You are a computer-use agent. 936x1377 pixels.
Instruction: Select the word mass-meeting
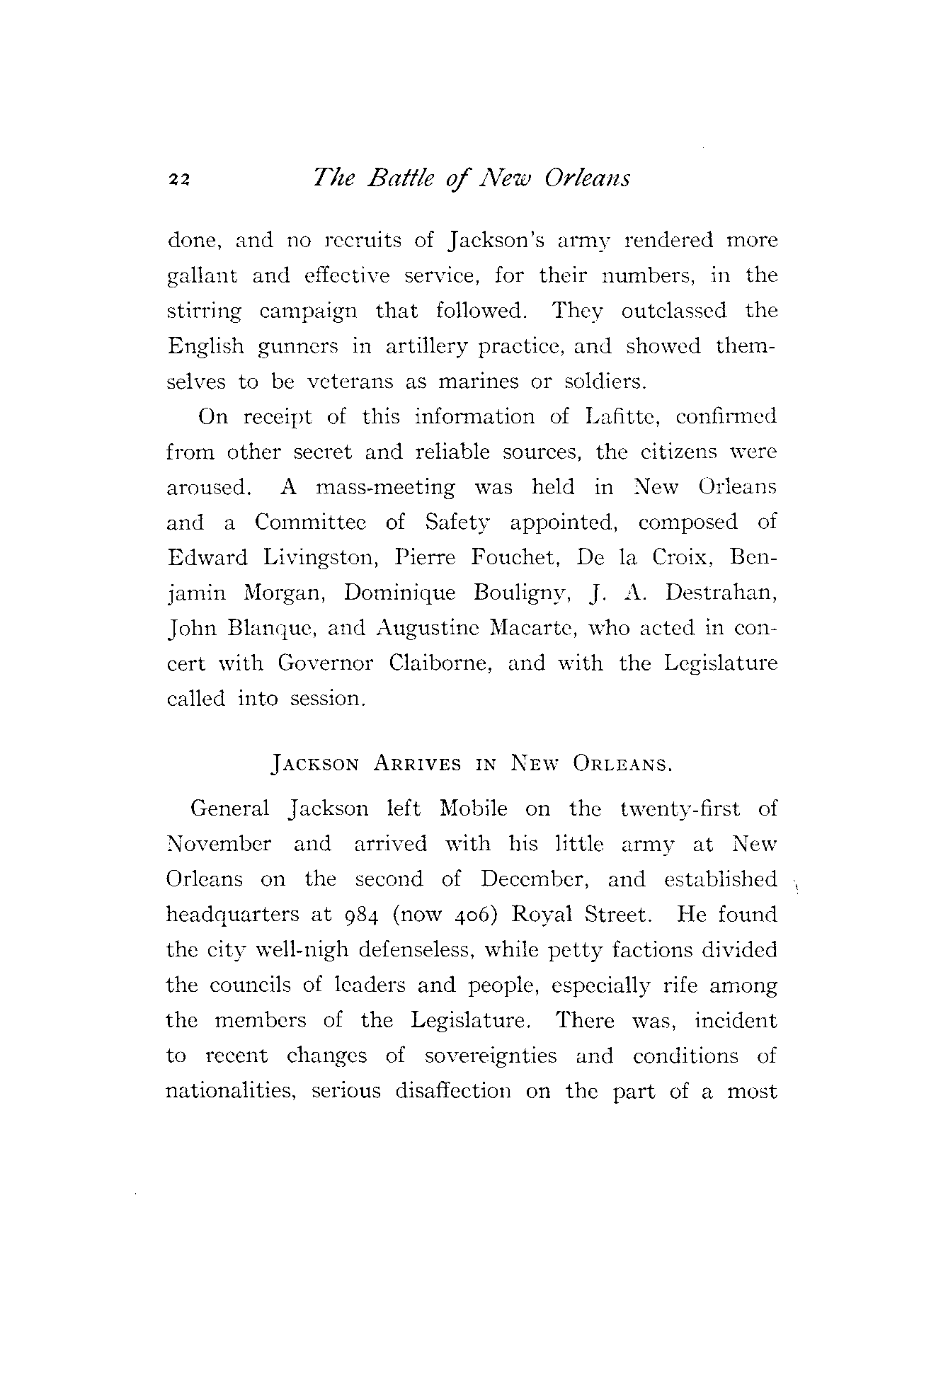(x=386, y=488)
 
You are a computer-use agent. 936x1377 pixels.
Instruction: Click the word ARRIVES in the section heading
(x=418, y=765)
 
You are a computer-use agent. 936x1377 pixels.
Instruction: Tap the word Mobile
(x=473, y=809)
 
